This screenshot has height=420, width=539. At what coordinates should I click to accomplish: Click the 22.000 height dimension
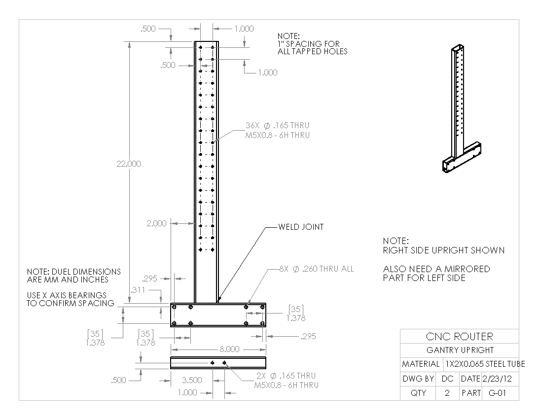129,164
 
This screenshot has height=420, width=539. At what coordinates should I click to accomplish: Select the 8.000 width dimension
229,349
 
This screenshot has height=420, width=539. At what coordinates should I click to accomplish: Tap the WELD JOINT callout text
301,227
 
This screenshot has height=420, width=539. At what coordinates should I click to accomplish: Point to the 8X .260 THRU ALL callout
316,269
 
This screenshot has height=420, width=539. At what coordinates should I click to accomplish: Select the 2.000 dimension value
156,223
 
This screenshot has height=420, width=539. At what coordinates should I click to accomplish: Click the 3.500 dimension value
192,380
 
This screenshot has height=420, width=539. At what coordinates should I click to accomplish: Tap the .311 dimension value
138,290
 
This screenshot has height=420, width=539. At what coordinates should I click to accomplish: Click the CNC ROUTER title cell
459,336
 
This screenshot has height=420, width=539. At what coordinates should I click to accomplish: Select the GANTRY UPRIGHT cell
459,350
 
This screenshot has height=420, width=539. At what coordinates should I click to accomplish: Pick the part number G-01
497,393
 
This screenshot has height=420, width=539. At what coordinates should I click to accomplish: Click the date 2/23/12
497,379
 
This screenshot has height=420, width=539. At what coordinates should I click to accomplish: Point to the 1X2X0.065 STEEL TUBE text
485,364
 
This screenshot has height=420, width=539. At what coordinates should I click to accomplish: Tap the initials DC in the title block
447,379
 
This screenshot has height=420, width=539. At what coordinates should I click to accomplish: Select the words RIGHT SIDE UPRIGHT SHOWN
444,250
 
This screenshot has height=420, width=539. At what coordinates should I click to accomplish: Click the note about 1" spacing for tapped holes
312,44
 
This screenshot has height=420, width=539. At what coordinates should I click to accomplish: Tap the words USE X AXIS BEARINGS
67,295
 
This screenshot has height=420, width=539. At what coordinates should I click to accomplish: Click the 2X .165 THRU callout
287,381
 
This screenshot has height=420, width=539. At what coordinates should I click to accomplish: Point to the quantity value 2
447,393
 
